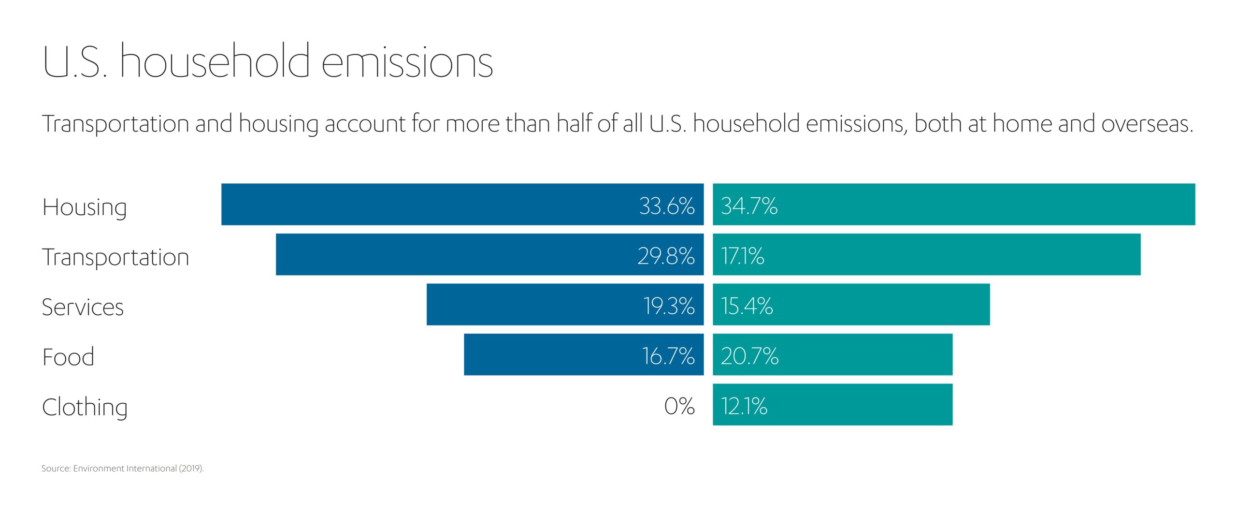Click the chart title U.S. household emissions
[x=268, y=62]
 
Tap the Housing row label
[x=85, y=207]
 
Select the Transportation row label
[x=115, y=257]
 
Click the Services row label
[x=83, y=307]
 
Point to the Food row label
[x=68, y=357]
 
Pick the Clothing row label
[x=85, y=407]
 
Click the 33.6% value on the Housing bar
[x=666, y=206]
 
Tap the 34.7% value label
[x=749, y=206]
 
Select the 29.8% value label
[x=666, y=256]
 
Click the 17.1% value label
[x=743, y=256]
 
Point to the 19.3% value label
[x=669, y=306]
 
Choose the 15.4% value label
[x=747, y=306]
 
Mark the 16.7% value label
[x=668, y=356]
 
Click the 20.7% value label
[x=750, y=356]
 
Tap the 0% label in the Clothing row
[x=679, y=406]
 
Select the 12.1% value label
[x=744, y=406]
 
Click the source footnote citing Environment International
[x=123, y=469]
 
